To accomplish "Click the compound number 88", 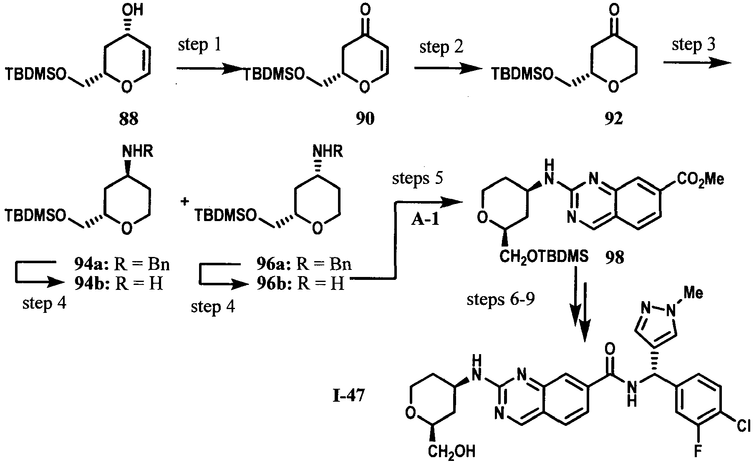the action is click(129, 120).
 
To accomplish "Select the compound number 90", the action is click(365, 120).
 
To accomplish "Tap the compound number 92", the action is click(613, 120).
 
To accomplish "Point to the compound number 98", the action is click(614, 258).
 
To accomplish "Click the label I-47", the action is click(349, 396).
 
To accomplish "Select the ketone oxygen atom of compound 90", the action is click(365, 9).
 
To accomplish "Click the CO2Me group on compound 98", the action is click(700, 179).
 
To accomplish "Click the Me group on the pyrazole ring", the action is click(693, 293).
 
